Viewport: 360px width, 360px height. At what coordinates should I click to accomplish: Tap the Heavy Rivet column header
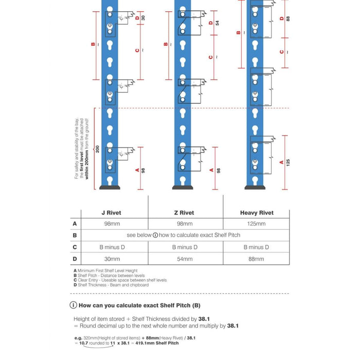(257, 212)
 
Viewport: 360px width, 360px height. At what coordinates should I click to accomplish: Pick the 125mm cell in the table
(257, 224)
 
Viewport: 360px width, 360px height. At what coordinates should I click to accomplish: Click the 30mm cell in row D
(112, 259)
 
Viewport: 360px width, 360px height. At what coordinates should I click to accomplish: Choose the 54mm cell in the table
(185, 259)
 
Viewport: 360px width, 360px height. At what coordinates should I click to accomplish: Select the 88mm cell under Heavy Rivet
(257, 259)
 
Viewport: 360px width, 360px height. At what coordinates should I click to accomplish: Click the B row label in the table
(75, 236)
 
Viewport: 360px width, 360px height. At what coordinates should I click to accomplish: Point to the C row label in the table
(75, 247)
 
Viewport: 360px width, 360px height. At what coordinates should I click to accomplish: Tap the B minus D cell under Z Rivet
(185, 247)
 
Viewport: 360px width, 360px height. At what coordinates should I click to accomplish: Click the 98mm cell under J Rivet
(112, 224)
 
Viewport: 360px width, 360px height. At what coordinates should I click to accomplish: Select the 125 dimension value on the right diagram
(288, 163)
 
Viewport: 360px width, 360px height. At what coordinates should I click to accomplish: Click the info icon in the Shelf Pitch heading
(76, 305)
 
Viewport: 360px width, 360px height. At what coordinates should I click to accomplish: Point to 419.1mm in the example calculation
(148, 343)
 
